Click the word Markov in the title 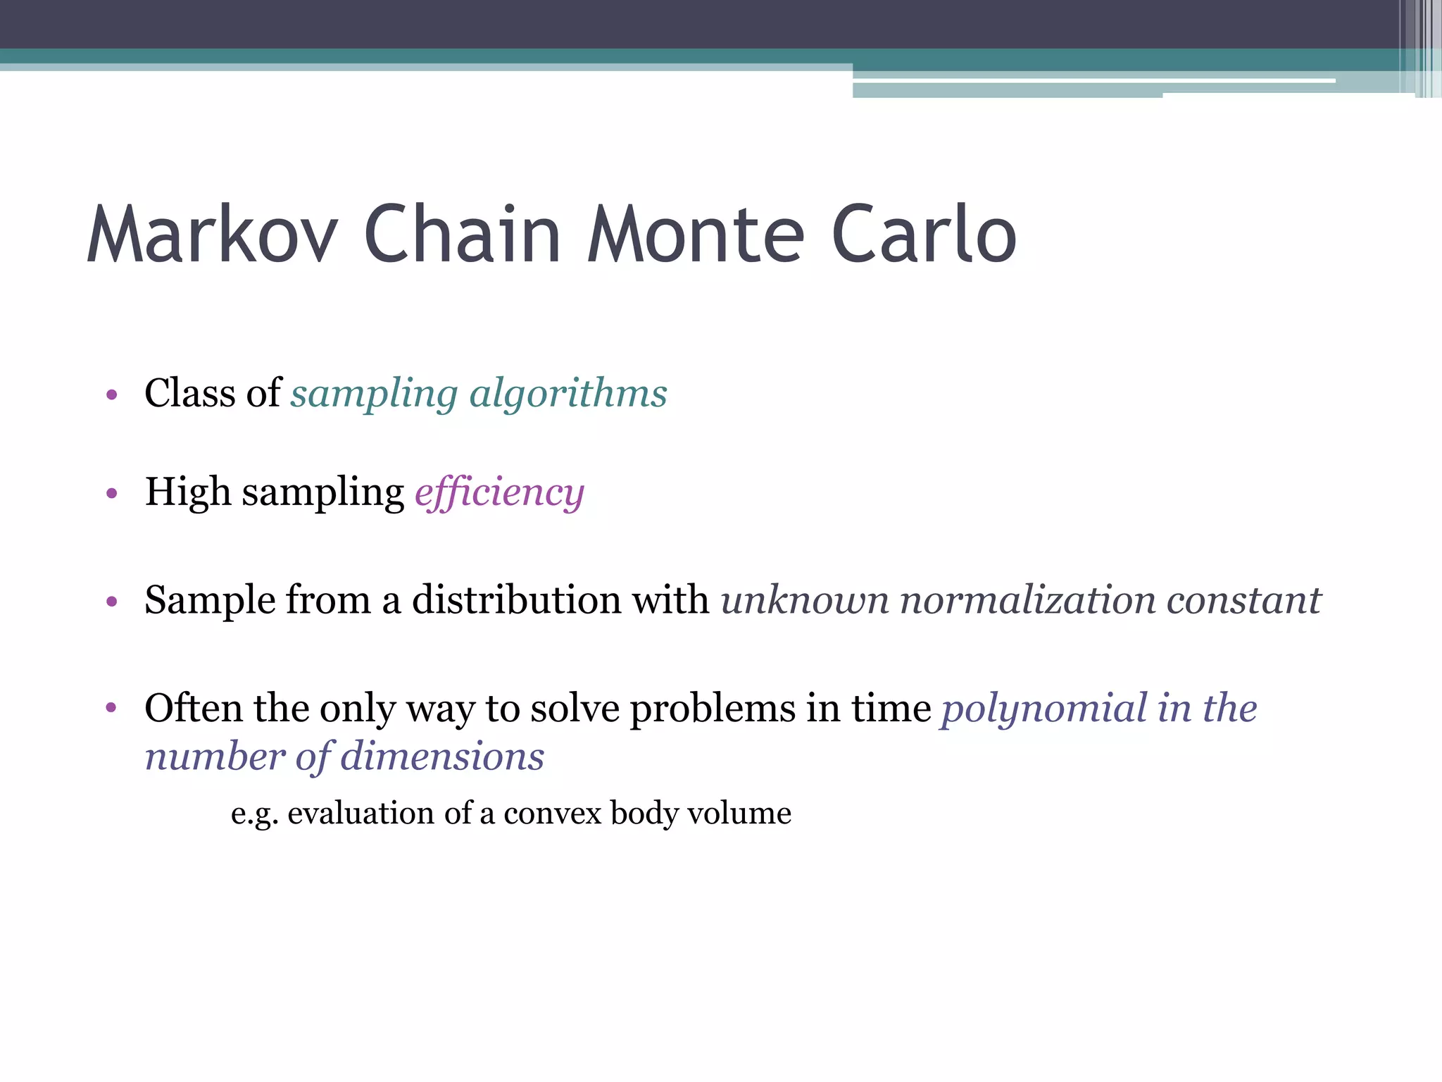pos(212,234)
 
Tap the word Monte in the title pos(696,234)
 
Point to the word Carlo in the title pos(924,234)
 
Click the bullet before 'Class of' pos(111,394)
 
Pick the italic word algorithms pos(568,393)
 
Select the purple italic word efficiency pos(499,492)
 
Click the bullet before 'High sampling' pos(111,493)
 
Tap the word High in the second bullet pos(187,492)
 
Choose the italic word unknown pos(805,600)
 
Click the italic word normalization pos(1028,600)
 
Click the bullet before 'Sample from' pos(111,602)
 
